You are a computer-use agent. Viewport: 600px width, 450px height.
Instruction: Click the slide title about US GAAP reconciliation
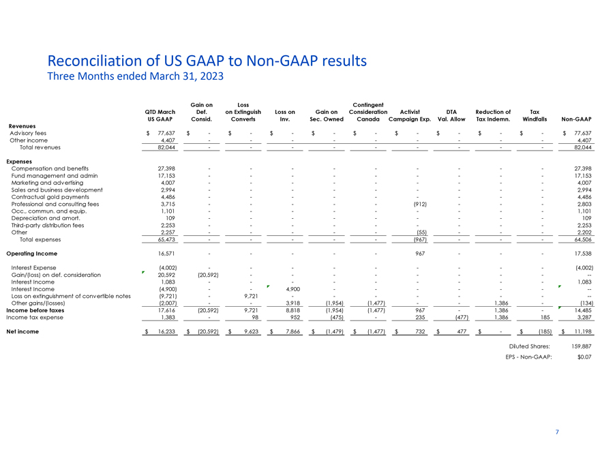pyautogui.click(x=207, y=61)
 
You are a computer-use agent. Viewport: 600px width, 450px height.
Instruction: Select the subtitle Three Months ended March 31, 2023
pyautogui.click(x=136, y=76)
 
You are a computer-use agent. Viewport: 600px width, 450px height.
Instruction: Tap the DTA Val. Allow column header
pyautogui.click(x=451, y=115)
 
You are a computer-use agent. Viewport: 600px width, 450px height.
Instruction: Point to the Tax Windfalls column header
pyautogui.click(x=535, y=115)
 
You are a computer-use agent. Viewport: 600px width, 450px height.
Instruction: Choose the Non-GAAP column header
pyautogui.click(x=576, y=119)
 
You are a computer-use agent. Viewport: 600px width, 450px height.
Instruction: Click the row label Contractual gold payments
pyautogui.click(x=50, y=197)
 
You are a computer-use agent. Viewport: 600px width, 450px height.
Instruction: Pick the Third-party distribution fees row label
pyautogui.click(x=48, y=226)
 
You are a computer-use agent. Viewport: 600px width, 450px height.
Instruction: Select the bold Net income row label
pyautogui.click(x=22, y=332)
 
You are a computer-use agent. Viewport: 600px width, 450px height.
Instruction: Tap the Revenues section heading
pyautogui.click(x=22, y=126)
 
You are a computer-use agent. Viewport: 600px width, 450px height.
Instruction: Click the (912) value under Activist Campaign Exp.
pyautogui.click(x=420, y=205)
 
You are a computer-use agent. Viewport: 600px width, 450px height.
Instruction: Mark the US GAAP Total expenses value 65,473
pyautogui.click(x=166, y=239)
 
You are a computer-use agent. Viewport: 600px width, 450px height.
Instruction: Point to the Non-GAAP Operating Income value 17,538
pyautogui.click(x=583, y=254)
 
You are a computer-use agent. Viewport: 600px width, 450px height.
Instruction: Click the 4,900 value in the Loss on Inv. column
pyautogui.click(x=293, y=289)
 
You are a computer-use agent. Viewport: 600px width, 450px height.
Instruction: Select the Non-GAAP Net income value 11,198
pyautogui.click(x=583, y=332)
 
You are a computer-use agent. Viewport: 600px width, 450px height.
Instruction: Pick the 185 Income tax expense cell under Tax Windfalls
pyautogui.click(x=545, y=318)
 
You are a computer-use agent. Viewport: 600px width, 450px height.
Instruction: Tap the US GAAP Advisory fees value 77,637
pyautogui.click(x=166, y=133)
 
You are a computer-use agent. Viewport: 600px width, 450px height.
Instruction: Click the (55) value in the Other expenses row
pyautogui.click(x=421, y=232)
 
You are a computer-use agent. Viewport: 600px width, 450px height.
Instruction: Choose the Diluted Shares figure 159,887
pyautogui.click(x=582, y=346)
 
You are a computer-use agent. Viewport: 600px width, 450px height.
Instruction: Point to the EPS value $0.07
pyautogui.click(x=585, y=357)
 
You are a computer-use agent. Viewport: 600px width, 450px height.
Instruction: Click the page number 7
pyautogui.click(x=557, y=432)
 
